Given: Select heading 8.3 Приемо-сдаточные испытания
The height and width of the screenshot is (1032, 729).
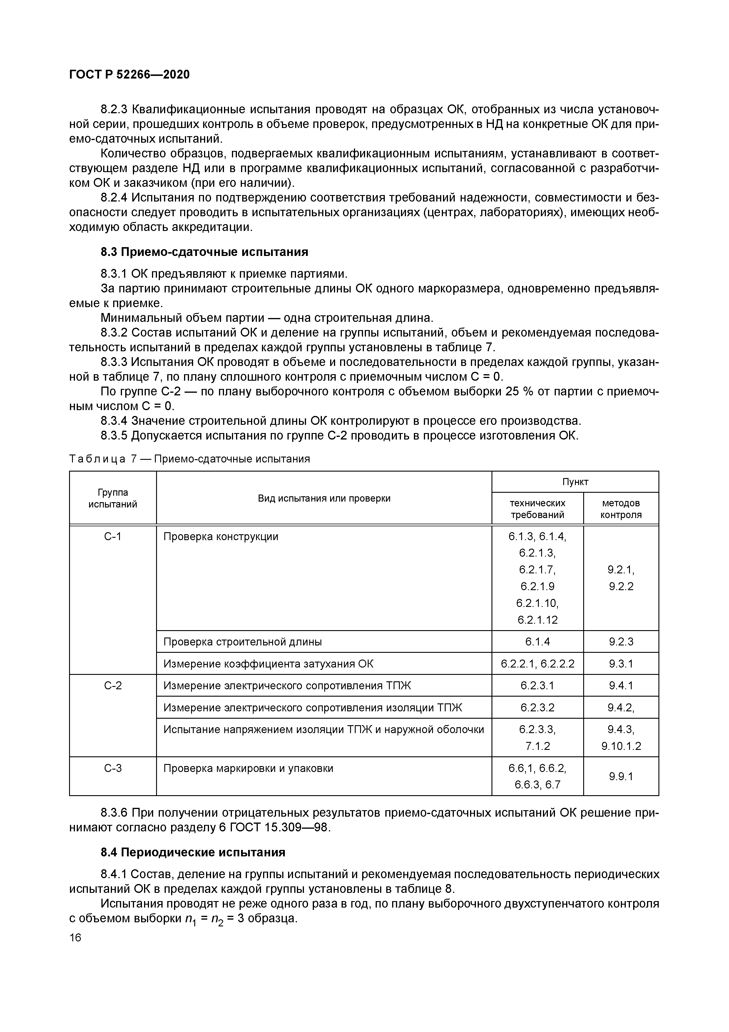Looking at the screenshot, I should [204, 252].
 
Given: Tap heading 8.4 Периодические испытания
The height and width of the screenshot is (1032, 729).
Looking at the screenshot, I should [193, 852].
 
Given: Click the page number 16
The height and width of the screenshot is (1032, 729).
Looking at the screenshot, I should [76, 938].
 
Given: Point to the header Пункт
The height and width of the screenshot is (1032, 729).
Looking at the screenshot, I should [575, 482].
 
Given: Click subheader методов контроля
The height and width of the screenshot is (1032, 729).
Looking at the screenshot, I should [621, 509].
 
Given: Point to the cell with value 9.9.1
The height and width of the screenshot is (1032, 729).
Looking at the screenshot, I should [621, 776].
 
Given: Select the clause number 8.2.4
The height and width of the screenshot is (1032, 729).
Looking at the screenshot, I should [114, 198].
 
